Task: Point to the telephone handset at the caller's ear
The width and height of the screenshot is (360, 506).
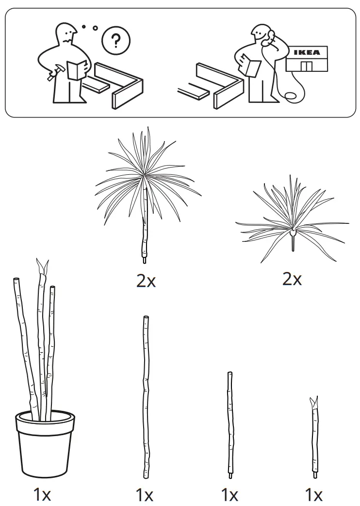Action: [x=270, y=37]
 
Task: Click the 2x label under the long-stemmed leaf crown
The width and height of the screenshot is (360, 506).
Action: [x=146, y=280]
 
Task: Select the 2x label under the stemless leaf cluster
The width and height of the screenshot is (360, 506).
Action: [x=292, y=279]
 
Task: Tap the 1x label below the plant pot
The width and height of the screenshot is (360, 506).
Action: [x=42, y=494]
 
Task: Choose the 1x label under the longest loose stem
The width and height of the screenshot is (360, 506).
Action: [x=145, y=495]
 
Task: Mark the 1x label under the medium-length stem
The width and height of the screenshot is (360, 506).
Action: [x=229, y=495]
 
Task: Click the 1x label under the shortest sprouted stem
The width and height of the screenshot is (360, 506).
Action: [x=313, y=495]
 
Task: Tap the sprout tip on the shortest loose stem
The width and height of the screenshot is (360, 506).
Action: [x=314, y=402]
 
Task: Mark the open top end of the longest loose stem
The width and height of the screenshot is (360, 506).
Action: [x=146, y=318]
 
